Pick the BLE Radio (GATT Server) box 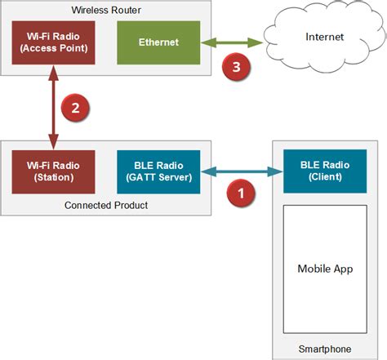(158, 171)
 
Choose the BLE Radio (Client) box (324, 171)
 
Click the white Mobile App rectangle (324, 269)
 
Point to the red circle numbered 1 (240, 194)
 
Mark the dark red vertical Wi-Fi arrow (53, 108)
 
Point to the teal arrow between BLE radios (241, 171)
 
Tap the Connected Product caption (105, 204)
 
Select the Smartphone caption (324, 349)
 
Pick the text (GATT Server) (158, 177)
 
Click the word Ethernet (158, 41)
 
